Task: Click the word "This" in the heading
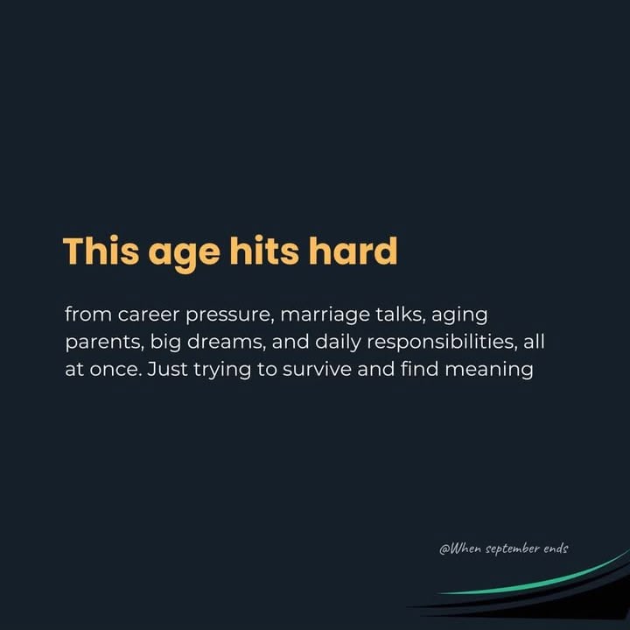101,251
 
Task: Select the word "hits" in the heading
264,251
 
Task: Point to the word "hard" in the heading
353,251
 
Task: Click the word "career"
148,315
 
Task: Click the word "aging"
459,316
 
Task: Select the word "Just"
167,369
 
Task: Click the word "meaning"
489,371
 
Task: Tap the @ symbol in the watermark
444,549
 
